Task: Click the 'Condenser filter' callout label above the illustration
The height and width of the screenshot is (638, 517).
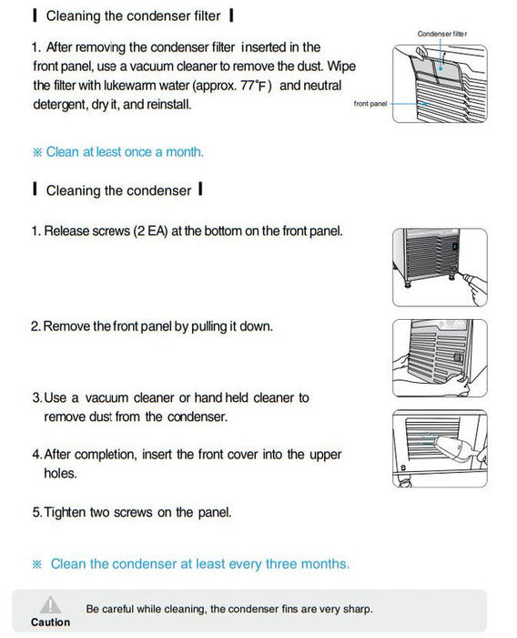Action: [443, 34]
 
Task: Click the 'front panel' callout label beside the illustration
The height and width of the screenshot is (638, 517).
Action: [370, 104]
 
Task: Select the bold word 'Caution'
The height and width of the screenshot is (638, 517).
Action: [50, 623]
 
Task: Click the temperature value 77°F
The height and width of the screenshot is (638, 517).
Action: [256, 86]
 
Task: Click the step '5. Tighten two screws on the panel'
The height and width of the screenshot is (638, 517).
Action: [131, 512]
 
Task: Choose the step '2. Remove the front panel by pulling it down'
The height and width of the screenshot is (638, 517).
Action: [151, 325]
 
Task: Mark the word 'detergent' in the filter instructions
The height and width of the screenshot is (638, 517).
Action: [60, 105]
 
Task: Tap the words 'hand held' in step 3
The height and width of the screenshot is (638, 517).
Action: [214, 397]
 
